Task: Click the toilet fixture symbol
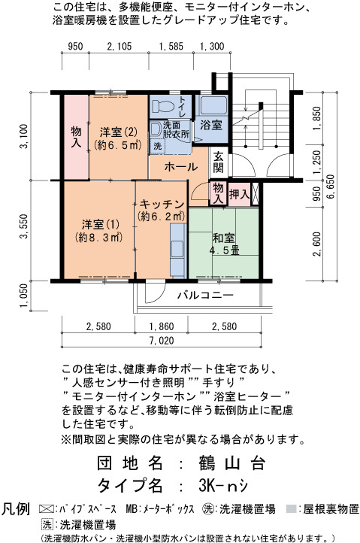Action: [x=162, y=106]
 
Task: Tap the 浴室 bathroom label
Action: [x=210, y=125]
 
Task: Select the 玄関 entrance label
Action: [x=218, y=162]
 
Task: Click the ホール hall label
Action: [x=180, y=167]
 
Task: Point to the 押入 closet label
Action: [x=239, y=194]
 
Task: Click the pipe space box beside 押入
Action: [x=255, y=194]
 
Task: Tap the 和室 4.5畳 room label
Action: [x=224, y=244]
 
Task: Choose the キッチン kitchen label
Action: [x=162, y=210]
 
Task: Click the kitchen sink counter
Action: [x=178, y=250]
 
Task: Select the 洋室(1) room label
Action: [x=100, y=231]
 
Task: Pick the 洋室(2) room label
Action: [x=119, y=138]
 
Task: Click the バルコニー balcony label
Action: [x=205, y=296]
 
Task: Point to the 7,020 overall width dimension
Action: [x=162, y=340]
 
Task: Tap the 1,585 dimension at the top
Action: [x=171, y=46]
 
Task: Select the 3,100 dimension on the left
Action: [x=24, y=136]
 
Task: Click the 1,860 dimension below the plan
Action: [x=162, y=326]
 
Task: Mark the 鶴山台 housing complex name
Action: [x=232, y=463]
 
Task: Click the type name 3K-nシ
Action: [x=223, y=486]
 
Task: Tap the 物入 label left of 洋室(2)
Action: [x=76, y=137]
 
